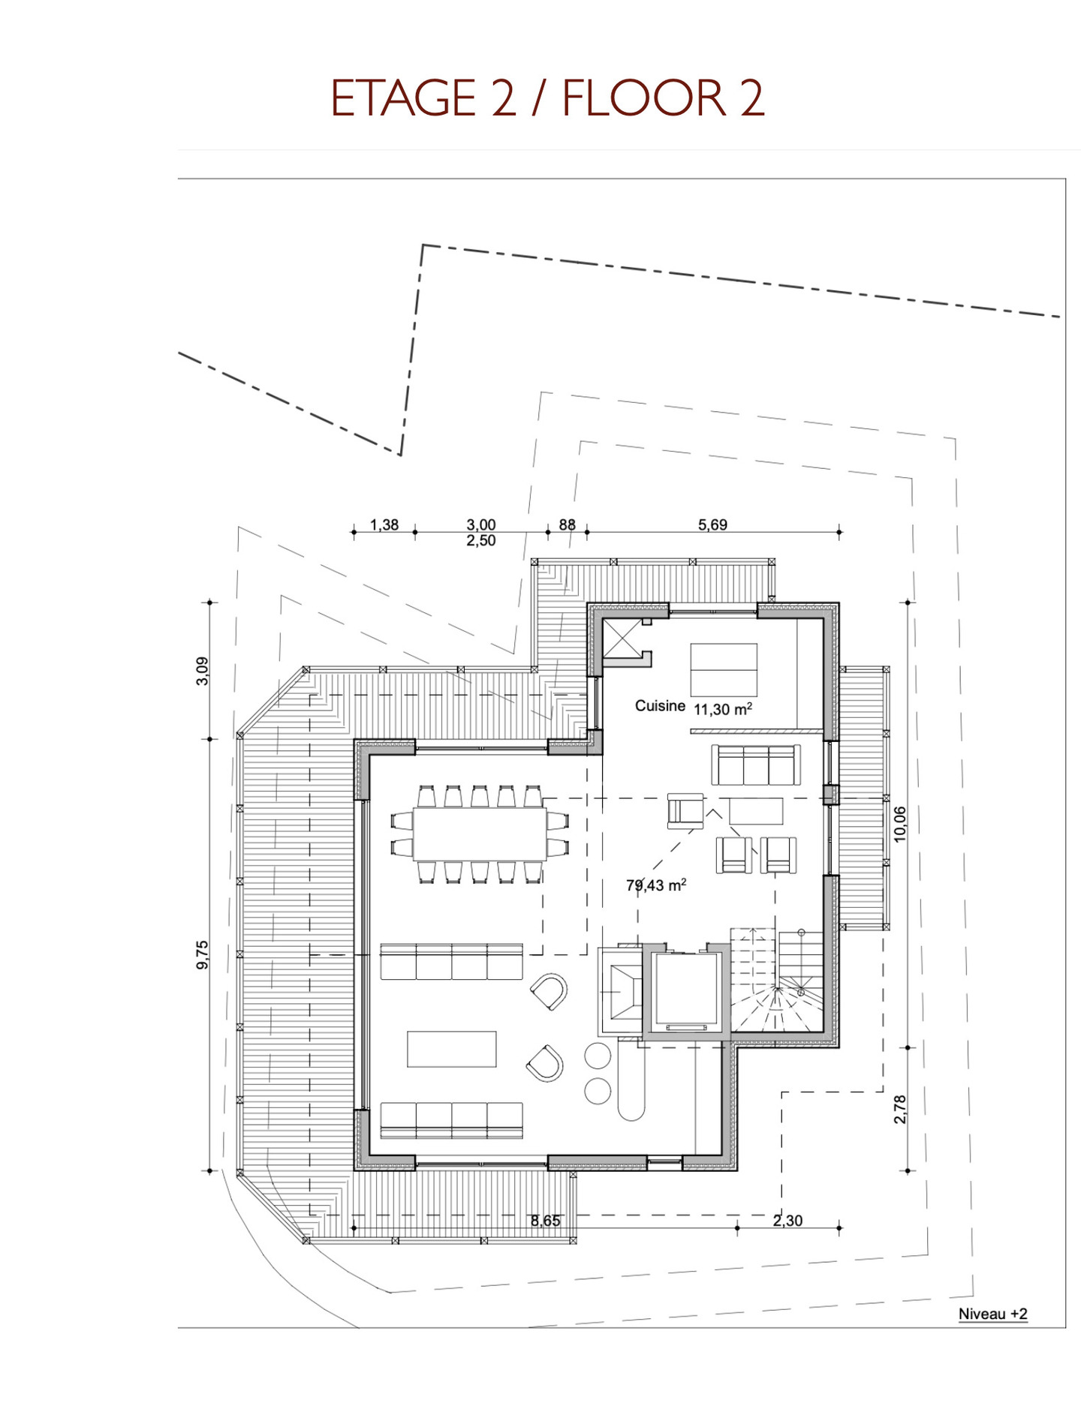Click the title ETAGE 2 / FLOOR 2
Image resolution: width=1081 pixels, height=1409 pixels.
pyautogui.click(x=547, y=98)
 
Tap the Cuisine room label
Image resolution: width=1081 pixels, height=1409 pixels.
pyautogui.click(x=660, y=706)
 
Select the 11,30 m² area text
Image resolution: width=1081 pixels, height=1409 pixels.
pyautogui.click(x=722, y=709)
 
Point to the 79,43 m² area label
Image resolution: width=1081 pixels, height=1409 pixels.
pyautogui.click(x=656, y=885)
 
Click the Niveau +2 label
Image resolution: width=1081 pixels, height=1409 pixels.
pyautogui.click(x=992, y=1313)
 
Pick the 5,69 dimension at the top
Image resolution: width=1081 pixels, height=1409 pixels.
pyautogui.click(x=712, y=525)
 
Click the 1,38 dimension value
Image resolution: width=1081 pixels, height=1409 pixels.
pyautogui.click(x=384, y=525)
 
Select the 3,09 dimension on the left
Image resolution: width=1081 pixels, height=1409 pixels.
pyautogui.click(x=202, y=671)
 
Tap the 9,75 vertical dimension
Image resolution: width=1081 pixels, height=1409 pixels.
pyautogui.click(x=202, y=954)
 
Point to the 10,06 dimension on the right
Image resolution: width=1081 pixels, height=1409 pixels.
pyautogui.click(x=900, y=824)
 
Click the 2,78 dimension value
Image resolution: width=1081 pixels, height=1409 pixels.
pyautogui.click(x=900, y=1109)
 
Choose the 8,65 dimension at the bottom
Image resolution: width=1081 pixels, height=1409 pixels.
pyautogui.click(x=546, y=1221)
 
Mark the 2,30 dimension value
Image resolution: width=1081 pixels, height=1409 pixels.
pyautogui.click(x=788, y=1221)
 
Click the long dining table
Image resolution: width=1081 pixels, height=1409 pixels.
pyautogui.click(x=480, y=834)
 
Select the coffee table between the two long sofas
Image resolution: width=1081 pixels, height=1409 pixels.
pyautogui.click(x=452, y=1049)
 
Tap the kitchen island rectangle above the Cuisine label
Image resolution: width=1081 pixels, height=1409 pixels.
pyautogui.click(x=724, y=669)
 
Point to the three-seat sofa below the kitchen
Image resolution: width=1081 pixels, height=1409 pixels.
pyautogui.click(x=756, y=765)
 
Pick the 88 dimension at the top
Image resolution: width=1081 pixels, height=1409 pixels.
pyautogui.click(x=568, y=525)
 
